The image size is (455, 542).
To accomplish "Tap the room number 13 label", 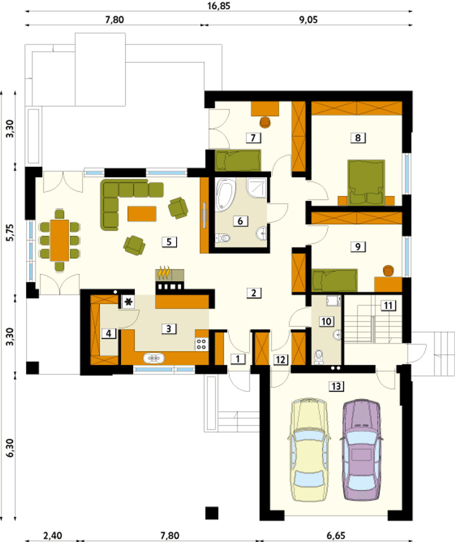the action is [x=336, y=386].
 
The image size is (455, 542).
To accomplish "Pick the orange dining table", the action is [x=60, y=240].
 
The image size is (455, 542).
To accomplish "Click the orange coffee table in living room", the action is [x=142, y=214].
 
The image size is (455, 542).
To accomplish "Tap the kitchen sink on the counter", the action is [x=154, y=359].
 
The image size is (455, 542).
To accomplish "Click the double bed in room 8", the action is [x=366, y=182].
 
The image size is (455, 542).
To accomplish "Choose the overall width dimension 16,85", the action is [x=219, y=6].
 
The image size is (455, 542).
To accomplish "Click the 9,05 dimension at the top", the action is [x=308, y=20].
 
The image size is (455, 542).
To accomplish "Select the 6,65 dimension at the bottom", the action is [x=336, y=536].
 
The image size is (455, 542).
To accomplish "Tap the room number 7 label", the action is [x=253, y=138].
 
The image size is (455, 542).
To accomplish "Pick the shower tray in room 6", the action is [x=257, y=188].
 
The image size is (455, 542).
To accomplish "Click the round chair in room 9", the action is [x=389, y=271].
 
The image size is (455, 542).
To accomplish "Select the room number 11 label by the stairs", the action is [x=388, y=306].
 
